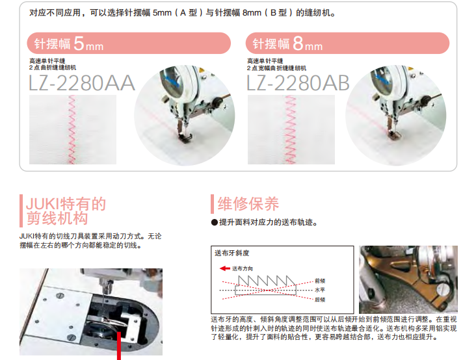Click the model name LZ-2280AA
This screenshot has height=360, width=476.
pos(82,83)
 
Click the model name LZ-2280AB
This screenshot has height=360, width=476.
pos(298,83)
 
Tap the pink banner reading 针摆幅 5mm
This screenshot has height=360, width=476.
pos(129,43)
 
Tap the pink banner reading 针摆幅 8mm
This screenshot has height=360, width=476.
pos(347,43)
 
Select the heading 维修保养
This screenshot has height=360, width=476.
pos(248,203)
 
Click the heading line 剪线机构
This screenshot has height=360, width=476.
pos(57,218)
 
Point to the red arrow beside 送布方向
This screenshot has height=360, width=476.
pos(225,268)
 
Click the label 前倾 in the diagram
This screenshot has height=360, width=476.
pos(320,281)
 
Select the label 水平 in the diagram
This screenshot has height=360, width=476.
pos(320,290)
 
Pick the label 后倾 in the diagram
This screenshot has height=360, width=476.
pos(320,300)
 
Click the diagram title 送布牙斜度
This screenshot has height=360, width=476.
pos(232,253)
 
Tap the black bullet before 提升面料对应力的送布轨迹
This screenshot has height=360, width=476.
pos(215,223)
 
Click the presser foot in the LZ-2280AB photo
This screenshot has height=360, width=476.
pos(395,135)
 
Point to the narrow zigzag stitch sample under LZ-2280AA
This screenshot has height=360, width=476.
pos(72,130)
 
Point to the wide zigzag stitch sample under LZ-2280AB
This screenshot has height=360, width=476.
pos(291,130)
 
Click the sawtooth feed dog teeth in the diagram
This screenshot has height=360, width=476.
pos(267,281)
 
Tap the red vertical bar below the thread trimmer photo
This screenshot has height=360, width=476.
pos(119,346)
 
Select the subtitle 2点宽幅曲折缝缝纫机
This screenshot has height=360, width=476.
pos(276,68)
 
